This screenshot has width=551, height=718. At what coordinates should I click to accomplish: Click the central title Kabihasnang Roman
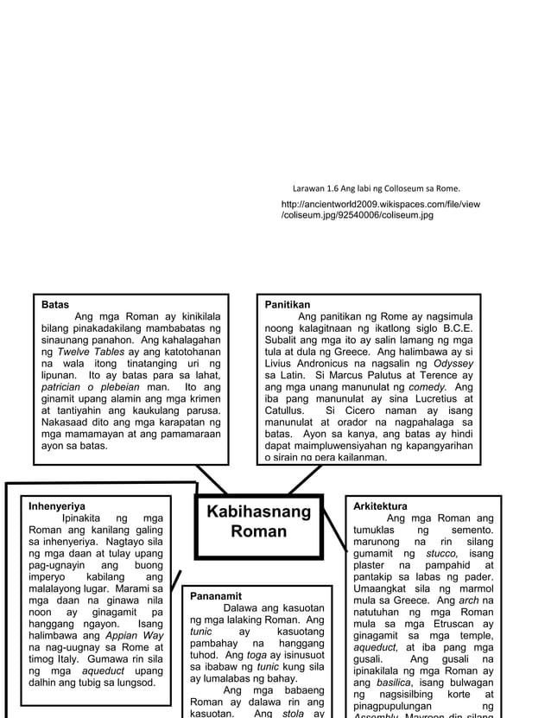tap(258, 522)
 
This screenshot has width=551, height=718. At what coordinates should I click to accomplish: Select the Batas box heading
tap(56, 305)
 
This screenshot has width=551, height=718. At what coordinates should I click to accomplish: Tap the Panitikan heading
tap(288, 305)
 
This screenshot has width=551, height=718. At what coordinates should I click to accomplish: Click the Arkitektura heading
tap(381, 505)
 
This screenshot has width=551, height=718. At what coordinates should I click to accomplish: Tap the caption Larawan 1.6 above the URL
tap(376, 187)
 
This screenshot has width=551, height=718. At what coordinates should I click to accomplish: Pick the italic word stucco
tap(438, 553)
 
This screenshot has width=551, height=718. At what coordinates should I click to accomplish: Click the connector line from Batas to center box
tap(211, 479)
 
